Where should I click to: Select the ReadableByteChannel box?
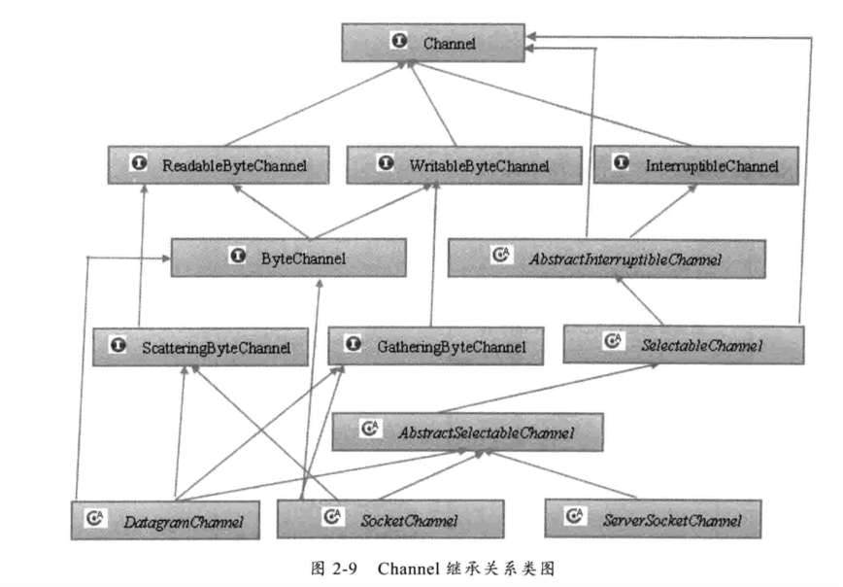219,166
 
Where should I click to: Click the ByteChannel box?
288,258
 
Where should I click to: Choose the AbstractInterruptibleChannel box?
607,258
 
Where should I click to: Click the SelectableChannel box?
684,344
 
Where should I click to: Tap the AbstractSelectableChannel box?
467,431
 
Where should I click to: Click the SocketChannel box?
390,520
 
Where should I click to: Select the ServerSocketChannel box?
653,519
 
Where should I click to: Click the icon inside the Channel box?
397,42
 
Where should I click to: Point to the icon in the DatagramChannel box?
95,520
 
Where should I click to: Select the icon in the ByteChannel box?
236,257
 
